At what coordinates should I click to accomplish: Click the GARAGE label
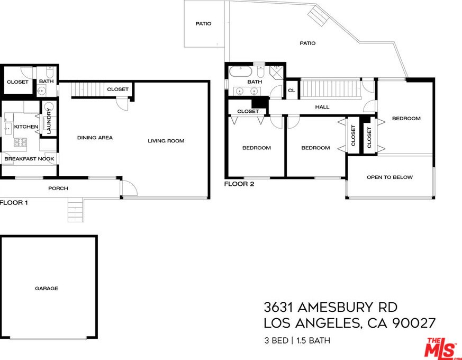(x=47, y=289)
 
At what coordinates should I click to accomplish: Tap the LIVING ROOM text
(x=166, y=141)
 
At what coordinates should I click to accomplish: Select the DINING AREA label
(x=95, y=138)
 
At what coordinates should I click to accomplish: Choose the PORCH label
(x=58, y=188)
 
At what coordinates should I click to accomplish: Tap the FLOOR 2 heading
(x=239, y=184)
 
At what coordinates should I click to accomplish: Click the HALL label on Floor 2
(x=322, y=107)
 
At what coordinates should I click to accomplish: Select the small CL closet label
(x=292, y=91)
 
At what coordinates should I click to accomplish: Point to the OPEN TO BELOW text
(x=389, y=177)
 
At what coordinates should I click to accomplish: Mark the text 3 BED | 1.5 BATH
(x=297, y=340)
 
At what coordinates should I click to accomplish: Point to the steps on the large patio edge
(x=319, y=15)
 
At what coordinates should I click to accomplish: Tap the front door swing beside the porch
(x=128, y=188)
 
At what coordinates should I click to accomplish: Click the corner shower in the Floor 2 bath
(x=277, y=72)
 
